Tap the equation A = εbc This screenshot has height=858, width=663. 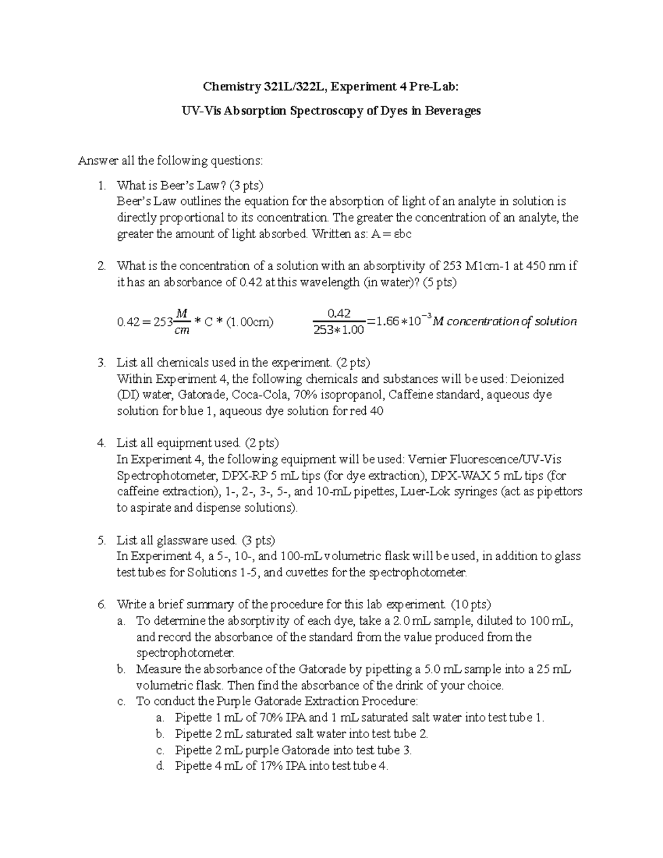(392, 234)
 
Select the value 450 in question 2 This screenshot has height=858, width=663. (533, 266)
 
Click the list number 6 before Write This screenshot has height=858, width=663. (101, 604)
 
